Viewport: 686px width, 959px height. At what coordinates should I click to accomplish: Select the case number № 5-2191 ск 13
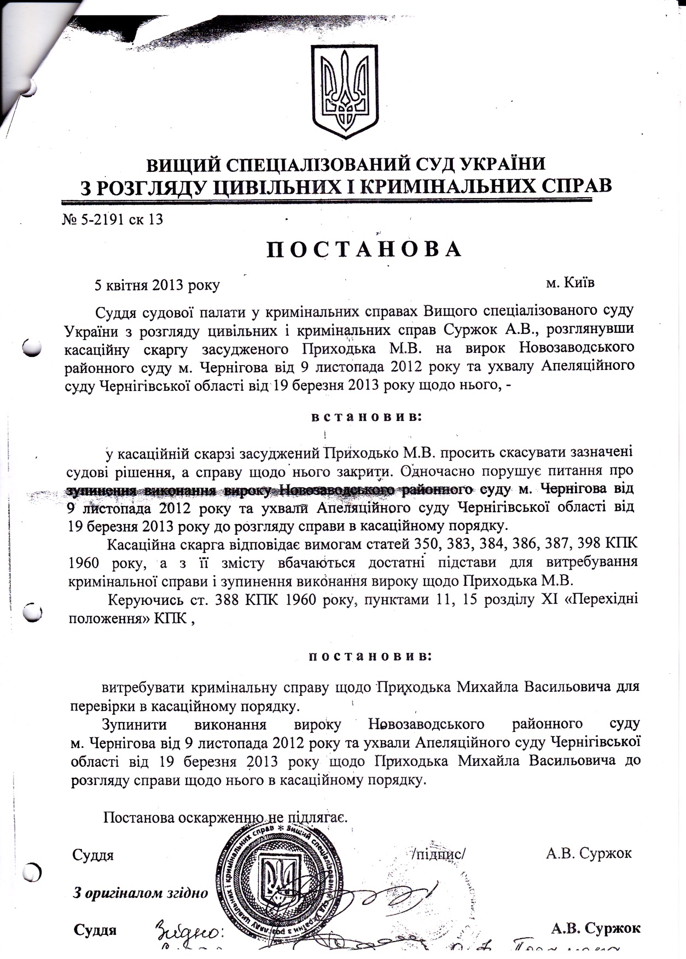click(x=113, y=219)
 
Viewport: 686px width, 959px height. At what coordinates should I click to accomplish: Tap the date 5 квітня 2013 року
click(x=157, y=285)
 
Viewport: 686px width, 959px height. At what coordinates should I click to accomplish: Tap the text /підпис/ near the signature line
click(x=438, y=853)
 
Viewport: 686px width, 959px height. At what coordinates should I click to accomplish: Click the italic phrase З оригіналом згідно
click(x=141, y=893)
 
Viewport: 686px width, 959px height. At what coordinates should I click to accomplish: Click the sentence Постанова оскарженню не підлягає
click(x=224, y=817)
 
